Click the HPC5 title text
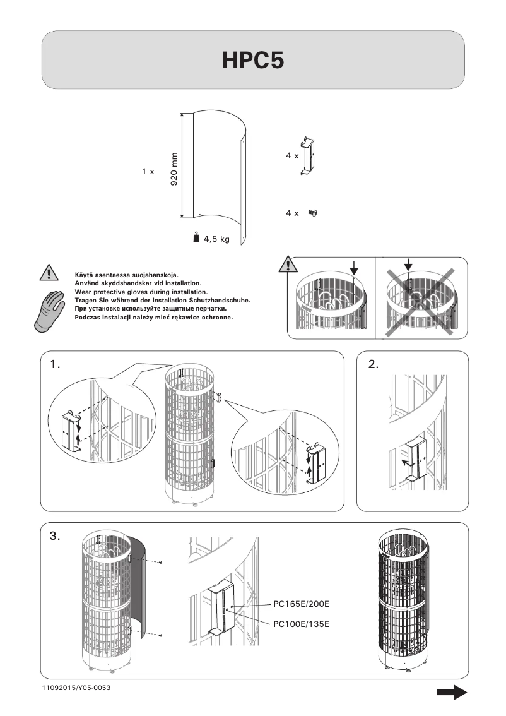pyautogui.click(x=253, y=60)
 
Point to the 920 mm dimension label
pyautogui.click(x=174, y=169)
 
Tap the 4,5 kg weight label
pyautogui.click(x=217, y=239)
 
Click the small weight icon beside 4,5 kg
pyautogui.click(x=196, y=237)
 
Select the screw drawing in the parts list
pyautogui.click(x=312, y=213)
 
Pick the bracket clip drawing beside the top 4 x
pyautogui.click(x=309, y=156)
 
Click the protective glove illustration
pyautogui.click(x=49, y=311)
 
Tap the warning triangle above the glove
pyautogui.click(x=49, y=273)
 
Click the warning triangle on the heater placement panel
pyautogui.click(x=288, y=265)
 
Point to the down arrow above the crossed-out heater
pyautogui.click(x=408, y=265)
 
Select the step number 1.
pyautogui.click(x=55, y=364)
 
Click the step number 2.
pyautogui.click(x=374, y=364)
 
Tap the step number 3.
pyautogui.click(x=55, y=536)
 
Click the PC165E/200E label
pyautogui.click(x=301, y=604)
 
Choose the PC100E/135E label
pyautogui.click(x=301, y=624)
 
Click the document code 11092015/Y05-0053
pyautogui.click(x=76, y=688)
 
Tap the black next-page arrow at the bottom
pyautogui.click(x=452, y=693)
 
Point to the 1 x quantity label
pyautogui.click(x=148, y=172)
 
